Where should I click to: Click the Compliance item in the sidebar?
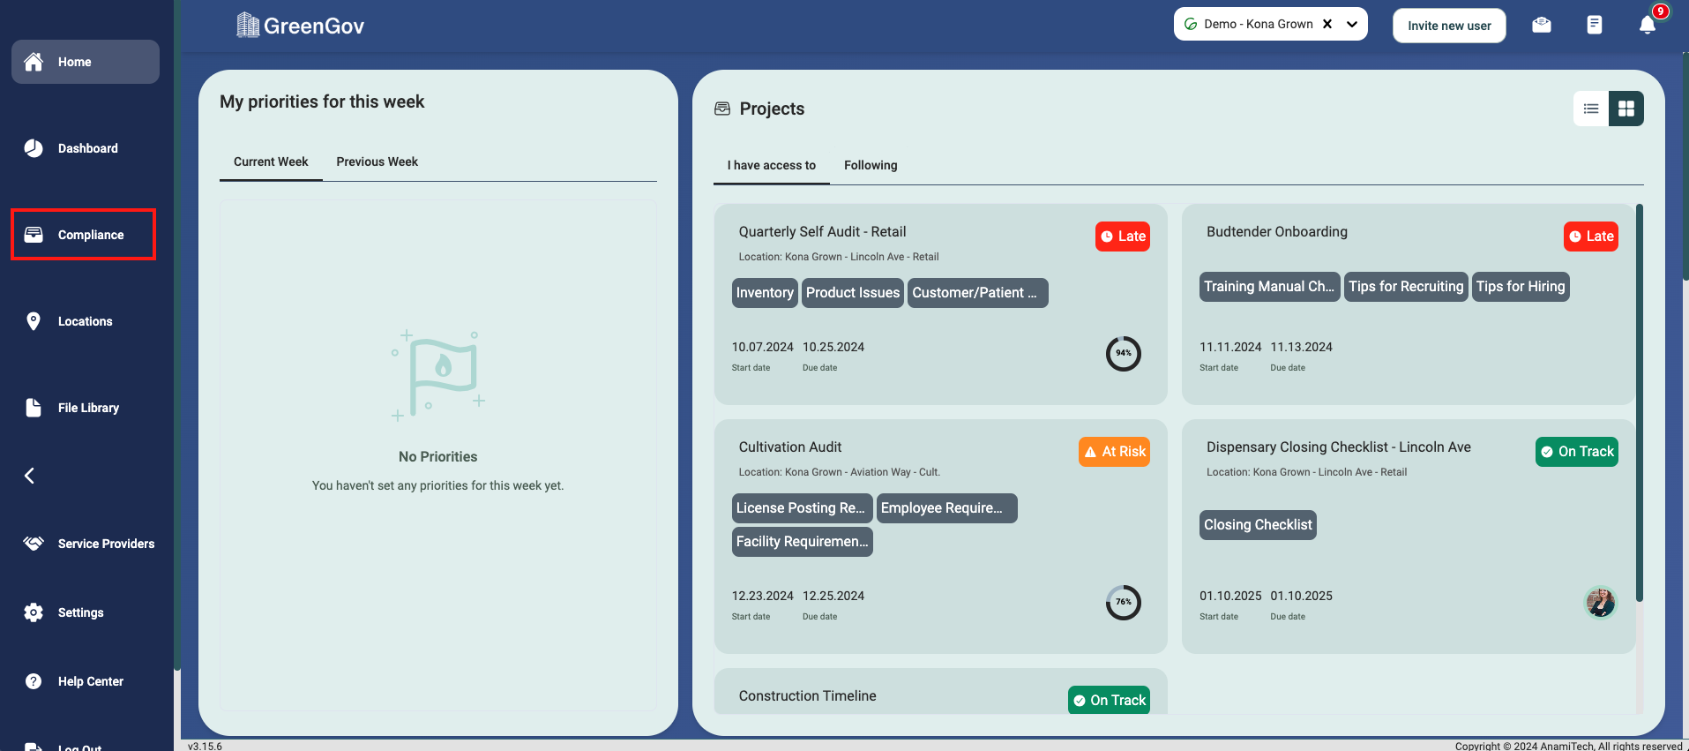click(x=83, y=235)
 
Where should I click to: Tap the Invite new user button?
click(x=1448, y=26)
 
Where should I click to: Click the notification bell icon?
click(x=1647, y=25)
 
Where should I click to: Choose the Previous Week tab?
click(x=377, y=161)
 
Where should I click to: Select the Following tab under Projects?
click(x=870, y=165)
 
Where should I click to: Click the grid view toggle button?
click(x=1625, y=109)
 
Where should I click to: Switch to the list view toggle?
click(x=1590, y=109)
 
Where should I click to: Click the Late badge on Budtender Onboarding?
click(x=1590, y=237)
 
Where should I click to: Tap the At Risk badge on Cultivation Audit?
click(x=1114, y=452)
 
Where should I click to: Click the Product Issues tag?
click(x=852, y=293)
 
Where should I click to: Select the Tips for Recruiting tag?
click(x=1405, y=287)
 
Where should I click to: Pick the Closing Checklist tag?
click(x=1257, y=525)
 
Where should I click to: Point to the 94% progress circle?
click(x=1123, y=354)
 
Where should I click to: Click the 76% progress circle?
click(x=1123, y=603)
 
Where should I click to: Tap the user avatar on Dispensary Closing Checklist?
click(x=1600, y=603)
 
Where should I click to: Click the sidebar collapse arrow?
click(x=29, y=476)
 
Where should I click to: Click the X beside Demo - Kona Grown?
click(x=1327, y=24)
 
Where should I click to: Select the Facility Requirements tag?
click(x=802, y=542)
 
